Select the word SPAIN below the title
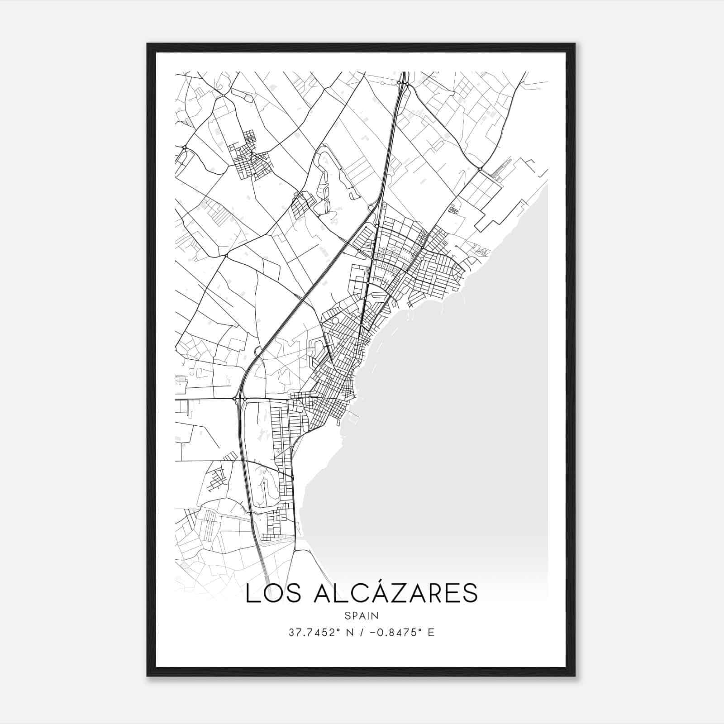pyautogui.click(x=362, y=616)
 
